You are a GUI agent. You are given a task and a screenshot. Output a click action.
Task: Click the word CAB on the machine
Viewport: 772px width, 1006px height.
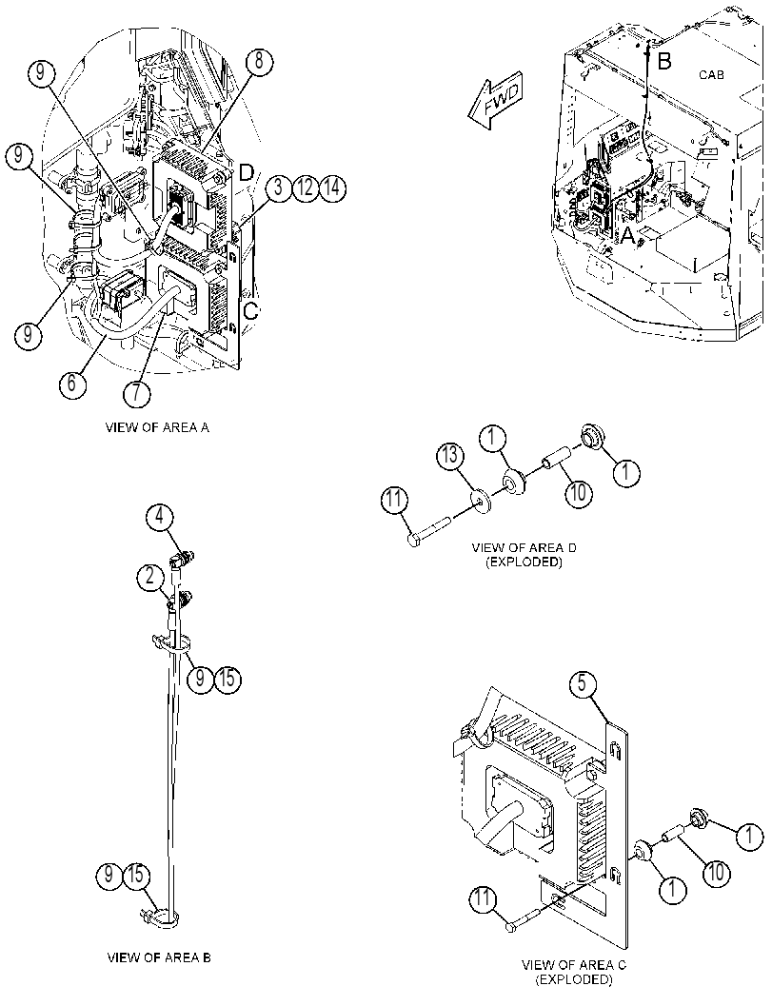click(x=711, y=75)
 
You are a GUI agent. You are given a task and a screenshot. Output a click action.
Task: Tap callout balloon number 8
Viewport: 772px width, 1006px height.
click(x=259, y=62)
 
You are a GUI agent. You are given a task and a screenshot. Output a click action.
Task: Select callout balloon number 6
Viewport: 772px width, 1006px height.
click(x=72, y=383)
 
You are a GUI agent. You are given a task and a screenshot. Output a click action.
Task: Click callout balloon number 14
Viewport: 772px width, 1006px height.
click(x=332, y=189)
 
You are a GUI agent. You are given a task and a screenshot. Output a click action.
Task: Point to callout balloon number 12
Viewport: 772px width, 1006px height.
click(x=306, y=189)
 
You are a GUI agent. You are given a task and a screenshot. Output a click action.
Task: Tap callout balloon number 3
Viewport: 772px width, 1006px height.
click(x=279, y=189)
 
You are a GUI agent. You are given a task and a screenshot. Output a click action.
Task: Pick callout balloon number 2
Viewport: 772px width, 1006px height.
click(x=150, y=578)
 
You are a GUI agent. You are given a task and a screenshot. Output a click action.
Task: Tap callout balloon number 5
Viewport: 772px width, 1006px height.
click(x=582, y=684)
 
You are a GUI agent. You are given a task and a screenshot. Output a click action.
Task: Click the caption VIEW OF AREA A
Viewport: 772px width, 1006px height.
click(x=157, y=427)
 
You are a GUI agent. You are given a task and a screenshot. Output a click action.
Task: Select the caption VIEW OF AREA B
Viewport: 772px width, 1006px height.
click(x=159, y=957)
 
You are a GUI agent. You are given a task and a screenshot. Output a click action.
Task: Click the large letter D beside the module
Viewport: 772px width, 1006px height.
click(x=247, y=172)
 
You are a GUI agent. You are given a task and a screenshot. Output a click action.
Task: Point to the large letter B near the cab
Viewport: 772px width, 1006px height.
click(x=664, y=62)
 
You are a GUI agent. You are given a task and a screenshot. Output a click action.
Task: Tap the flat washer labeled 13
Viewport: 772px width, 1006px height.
click(x=482, y=502)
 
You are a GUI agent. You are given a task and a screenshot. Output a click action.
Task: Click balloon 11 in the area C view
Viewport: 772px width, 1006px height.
click(x=483, y=899)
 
